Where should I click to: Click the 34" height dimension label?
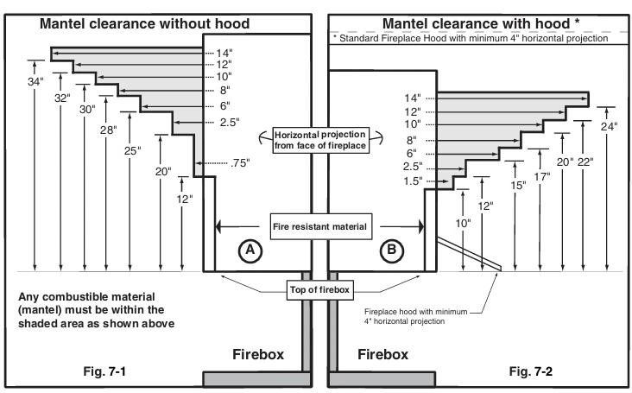(35, 82)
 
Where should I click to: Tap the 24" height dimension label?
(610, 125)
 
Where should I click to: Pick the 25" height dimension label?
(132, 150)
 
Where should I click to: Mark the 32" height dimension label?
(61, 98)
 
